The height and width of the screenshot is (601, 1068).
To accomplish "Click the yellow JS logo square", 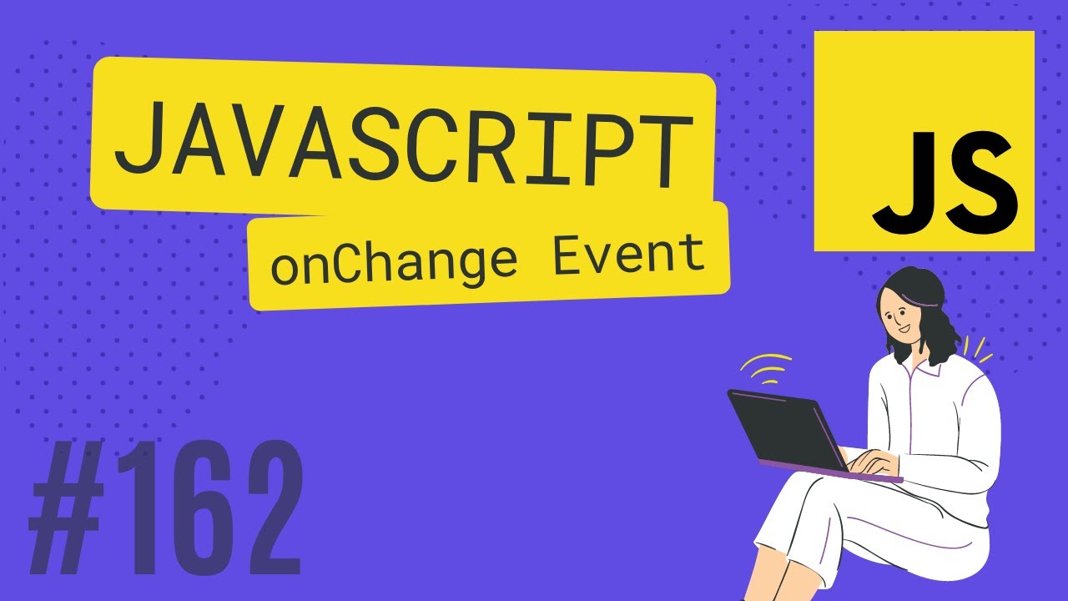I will [x=924, y=140].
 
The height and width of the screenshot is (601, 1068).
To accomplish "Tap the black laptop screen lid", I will [x=784, y=430].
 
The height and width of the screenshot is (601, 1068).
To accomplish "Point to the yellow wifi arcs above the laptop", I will [x=766, y=367].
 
